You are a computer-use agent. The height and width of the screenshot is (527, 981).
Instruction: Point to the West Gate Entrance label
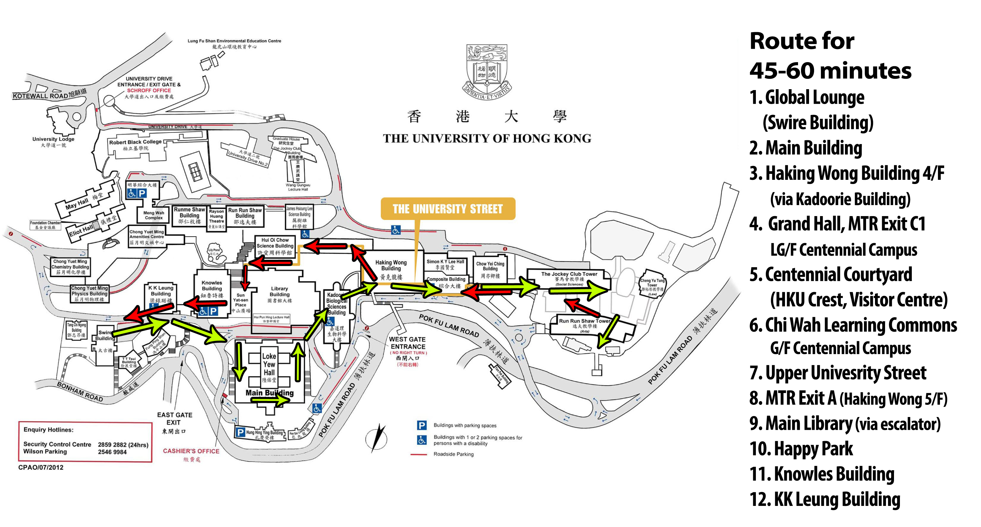click(407, 343)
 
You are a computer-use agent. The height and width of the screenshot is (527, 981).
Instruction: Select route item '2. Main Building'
click(805, 148)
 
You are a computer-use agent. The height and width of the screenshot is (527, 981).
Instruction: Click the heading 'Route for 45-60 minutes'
click(830, 56)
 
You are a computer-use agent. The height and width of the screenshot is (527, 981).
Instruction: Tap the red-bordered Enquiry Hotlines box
click(85, 441)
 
